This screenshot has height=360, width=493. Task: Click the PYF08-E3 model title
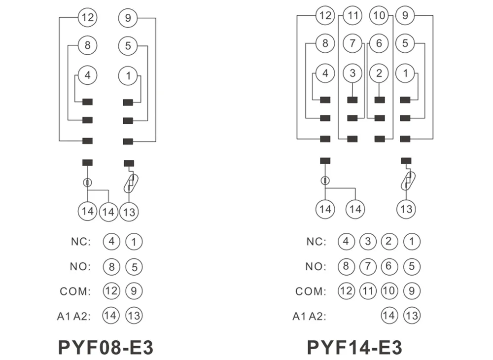(106, 347)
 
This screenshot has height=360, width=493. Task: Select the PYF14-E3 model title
(354, 347)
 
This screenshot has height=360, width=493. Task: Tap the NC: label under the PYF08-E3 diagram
(81, 242)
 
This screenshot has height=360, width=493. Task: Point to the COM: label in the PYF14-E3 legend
(311, 291)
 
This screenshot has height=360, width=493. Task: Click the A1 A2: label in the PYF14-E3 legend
(310, 316)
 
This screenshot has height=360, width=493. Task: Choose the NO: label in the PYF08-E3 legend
(80, 267)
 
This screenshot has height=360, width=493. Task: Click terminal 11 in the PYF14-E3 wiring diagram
(352, 15)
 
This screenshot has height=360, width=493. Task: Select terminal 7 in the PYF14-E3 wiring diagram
(352, 43)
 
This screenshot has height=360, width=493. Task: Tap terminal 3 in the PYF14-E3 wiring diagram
(352, 73)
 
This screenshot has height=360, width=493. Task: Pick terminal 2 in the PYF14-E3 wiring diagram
(379, 73)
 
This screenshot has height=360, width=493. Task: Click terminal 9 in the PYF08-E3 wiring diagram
(128, 18)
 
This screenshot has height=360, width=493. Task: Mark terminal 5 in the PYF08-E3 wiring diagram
(128, 46)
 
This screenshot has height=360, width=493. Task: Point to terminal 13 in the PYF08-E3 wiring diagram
(129, 212)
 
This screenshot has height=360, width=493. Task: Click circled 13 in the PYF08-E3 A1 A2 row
(134, 316)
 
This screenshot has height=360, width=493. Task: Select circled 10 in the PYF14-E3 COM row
(389, 291)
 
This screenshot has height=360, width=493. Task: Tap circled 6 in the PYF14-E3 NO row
(389, 266)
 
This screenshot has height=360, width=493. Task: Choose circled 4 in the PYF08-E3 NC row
(111, 242)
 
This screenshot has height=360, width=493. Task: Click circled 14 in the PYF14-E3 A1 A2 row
(389, 315)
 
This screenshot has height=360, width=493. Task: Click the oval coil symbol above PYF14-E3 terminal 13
(408, 181)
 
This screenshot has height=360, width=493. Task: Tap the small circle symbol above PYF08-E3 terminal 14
(87, 182)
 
